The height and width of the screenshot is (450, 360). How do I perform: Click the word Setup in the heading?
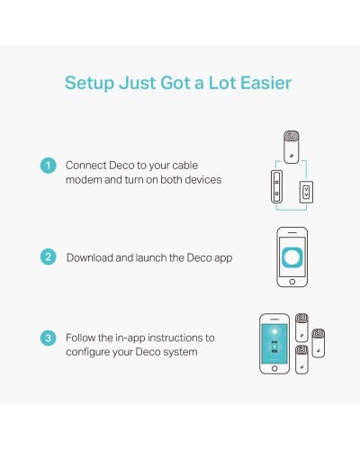[89, 83]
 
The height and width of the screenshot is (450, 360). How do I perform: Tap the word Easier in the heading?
[266, 83]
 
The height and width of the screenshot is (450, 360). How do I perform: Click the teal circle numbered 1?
[48, 166]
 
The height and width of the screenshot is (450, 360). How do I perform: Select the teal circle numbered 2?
[48, 256]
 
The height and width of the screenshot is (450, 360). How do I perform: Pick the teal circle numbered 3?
[48, 338]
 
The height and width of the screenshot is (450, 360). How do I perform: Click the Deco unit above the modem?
[292, 147]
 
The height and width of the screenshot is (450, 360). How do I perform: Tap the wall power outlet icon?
[306, 192]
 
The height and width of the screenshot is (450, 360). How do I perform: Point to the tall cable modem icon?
[276, 186]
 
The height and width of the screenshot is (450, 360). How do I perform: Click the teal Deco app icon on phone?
[292, 256]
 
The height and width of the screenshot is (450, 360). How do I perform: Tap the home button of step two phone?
[292, 282]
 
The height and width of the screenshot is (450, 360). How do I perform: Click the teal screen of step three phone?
[274, 344]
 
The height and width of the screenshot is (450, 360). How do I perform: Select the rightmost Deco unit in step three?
[319, 343]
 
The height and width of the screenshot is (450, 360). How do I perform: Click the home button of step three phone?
[274, 368]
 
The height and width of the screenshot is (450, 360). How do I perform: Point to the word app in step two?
[223, 258]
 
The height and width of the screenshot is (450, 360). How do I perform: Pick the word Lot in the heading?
[222, 83]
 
